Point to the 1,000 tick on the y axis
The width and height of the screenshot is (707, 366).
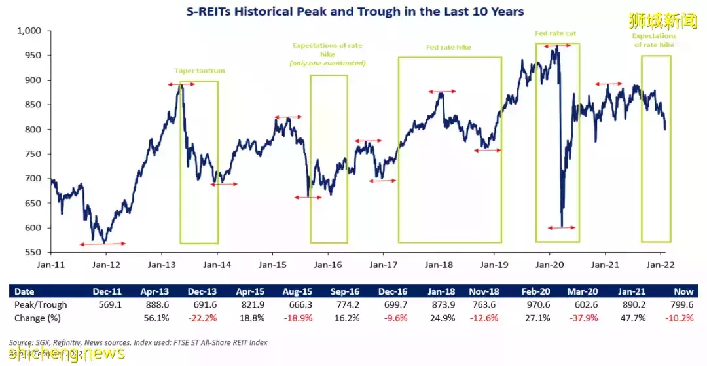coord(29,31)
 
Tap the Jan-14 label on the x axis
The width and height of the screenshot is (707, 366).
coord(217,265)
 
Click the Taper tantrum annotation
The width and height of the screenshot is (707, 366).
coord(198,71)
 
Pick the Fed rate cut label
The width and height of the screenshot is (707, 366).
coord(555,33)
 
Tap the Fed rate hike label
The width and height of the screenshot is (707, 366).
coord(448,48)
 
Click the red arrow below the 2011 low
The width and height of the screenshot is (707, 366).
coord(102,244)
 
